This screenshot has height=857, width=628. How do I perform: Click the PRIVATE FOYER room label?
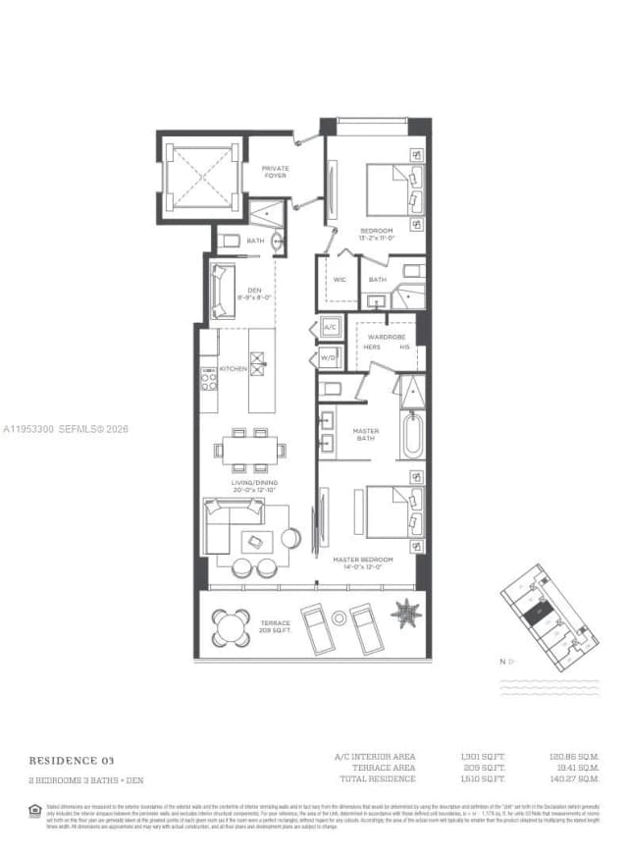(x=276, y=172)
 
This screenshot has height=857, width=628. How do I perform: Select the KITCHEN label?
(x=233, y=368)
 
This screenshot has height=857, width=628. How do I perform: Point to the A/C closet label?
(x=330, y=327)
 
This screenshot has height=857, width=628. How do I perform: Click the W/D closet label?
(x=329, y=358)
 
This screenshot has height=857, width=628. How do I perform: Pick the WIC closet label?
(x=340, y=280)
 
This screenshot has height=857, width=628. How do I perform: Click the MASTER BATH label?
(x=366, y=435)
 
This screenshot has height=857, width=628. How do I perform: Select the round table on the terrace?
(x=233, y=624)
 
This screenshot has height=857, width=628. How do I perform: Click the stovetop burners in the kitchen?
(x=209, y=378)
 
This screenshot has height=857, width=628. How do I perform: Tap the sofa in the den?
(x=222, y=293)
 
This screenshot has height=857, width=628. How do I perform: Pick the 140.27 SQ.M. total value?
(x=574, y=778)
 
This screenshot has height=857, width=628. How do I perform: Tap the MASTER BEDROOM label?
(x=369, y=562)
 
